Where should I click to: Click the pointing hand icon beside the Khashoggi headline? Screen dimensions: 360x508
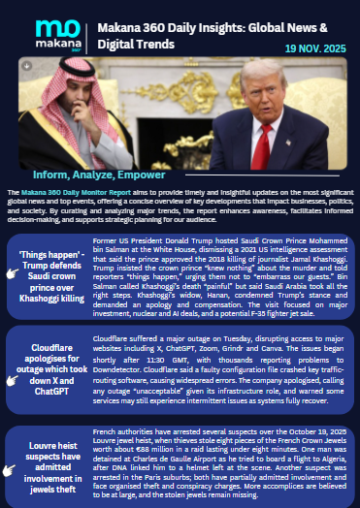click(x=13, y=275)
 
